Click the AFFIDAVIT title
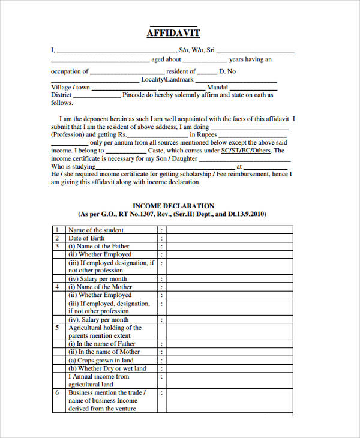(x=173, y=33)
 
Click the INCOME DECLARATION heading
(x=173, y=206)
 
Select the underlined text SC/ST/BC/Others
(x=246, y=151)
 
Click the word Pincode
(x=138, y=95)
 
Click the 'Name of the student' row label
(x=96, y=230)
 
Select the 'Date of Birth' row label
(x=86, y=238)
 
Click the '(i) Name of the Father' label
(x=98, y=246)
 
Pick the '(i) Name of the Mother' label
(x=100, y=287)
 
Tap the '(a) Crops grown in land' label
(x=101, y=360)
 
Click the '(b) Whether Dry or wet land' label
(x=107, y=368)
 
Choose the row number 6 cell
(x=57, y=392)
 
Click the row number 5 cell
(x=57, y=328)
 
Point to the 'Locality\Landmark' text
(x=167, y=79)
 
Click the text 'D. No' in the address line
(x=228, y=71)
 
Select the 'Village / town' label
(x=70, y=87)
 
